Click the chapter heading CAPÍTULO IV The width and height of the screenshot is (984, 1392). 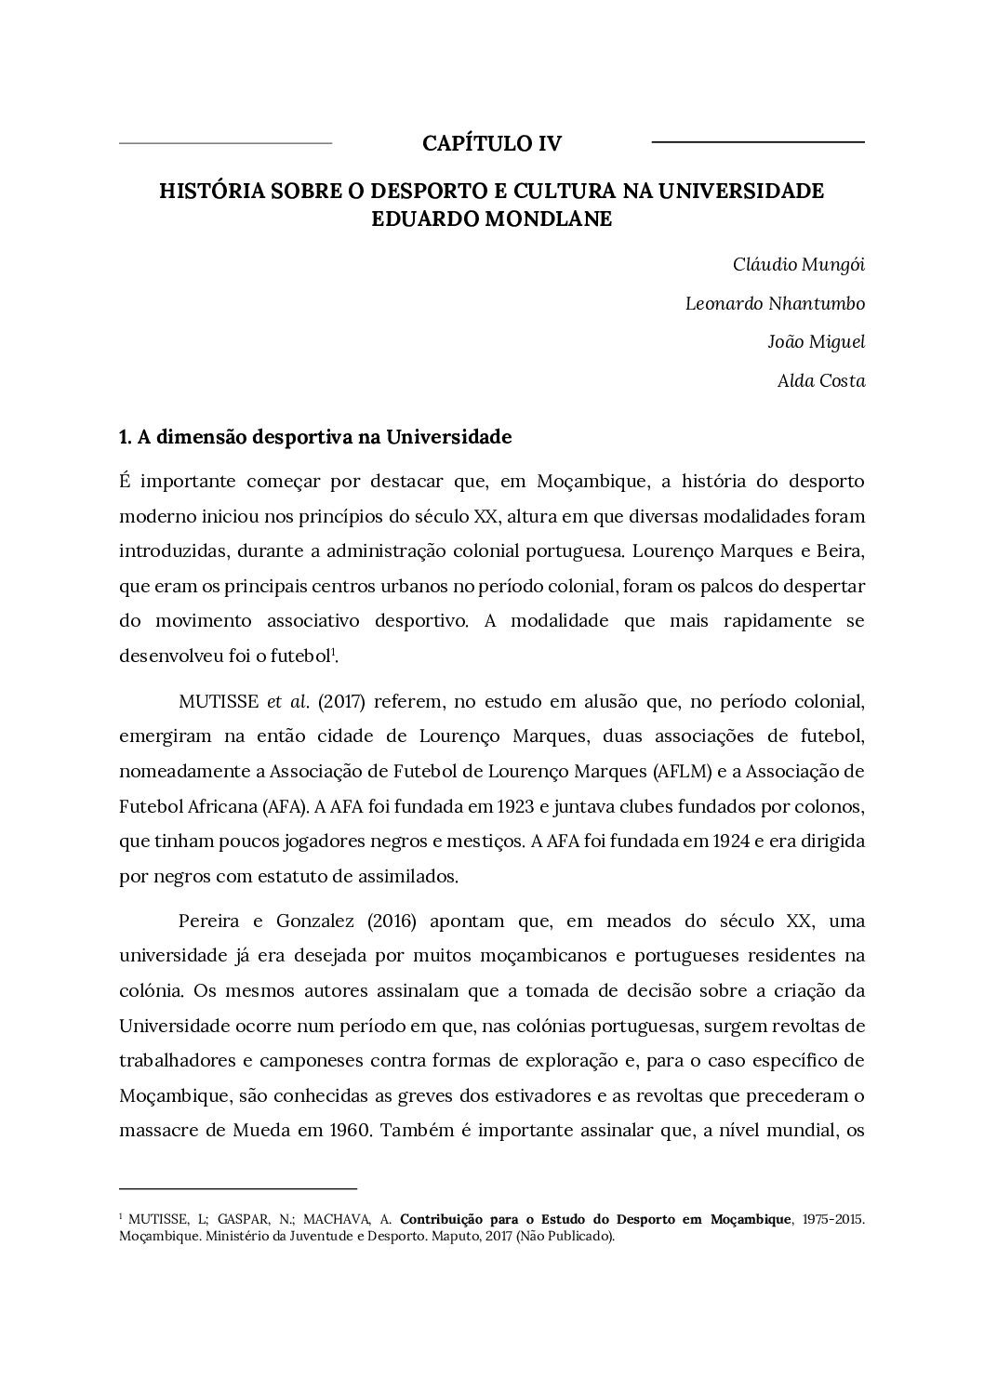coord(492,143)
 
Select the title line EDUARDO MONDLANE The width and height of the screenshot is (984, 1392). coord(492,220)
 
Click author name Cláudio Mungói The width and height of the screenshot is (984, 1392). coord(799,264)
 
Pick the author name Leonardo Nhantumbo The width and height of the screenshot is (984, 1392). coord(775,303)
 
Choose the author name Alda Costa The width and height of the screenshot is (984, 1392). coord(821,380)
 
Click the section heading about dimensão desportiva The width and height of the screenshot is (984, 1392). coord(315,436)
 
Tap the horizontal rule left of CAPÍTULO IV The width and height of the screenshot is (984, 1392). coord(225,143)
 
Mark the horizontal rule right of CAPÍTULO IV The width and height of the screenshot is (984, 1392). coord(758,142)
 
